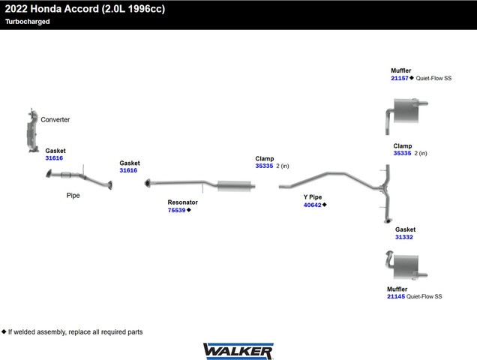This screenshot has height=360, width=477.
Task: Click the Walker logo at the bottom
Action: click(x=238, y=351)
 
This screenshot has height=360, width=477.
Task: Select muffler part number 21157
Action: click(x=400, y=78)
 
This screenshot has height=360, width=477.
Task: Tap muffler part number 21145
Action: click(x=396, y=296)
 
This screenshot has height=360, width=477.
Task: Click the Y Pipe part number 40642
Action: click(x=312, y=205)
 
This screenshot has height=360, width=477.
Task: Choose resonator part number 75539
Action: click(x=176, y=210)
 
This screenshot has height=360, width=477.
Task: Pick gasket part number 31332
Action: click(x=404, y=237)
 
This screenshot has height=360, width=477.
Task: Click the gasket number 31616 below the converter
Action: click(x=54, y=158)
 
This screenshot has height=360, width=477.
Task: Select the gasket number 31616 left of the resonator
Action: click(x=128, y=170)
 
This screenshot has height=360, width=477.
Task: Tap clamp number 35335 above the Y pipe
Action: click(x=264, y=166)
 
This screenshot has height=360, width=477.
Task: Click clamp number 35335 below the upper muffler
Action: click(x=402, y=153)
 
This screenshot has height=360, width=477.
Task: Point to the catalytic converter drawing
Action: click(x=32, y=130)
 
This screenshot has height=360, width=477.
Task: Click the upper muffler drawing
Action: click(x=406, y=115)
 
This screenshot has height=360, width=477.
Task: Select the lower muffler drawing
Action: click(x=406, y=265)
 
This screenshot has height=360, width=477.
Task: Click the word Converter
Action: click(x=55, y=119)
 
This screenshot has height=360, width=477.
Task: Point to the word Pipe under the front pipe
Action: click(x=73, y=195)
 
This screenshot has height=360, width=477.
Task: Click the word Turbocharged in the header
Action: click(x=28, y=22)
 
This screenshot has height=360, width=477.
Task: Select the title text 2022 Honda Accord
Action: click(x=52, y=9)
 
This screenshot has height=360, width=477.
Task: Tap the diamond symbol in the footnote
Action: click(x=4, y=331)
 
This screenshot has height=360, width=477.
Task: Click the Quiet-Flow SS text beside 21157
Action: click(x=433, y=78)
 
